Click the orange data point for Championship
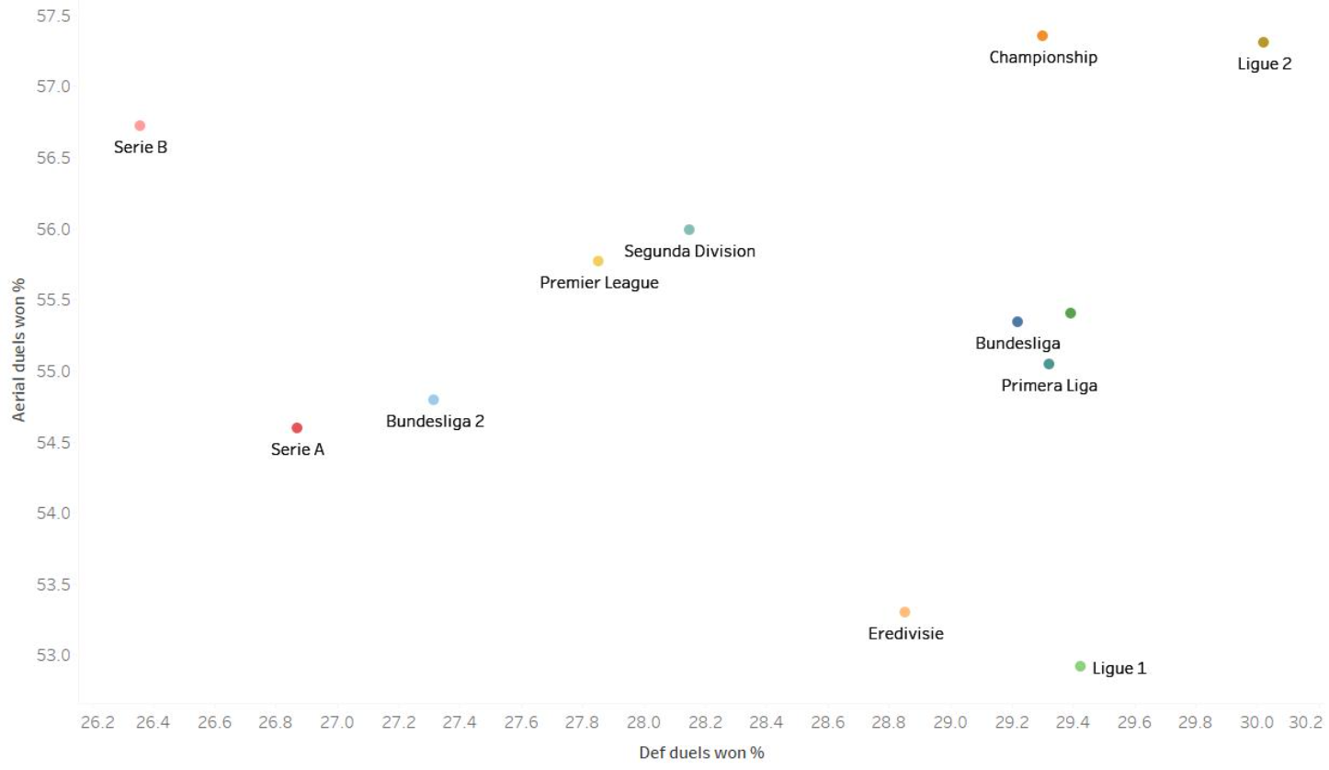(x=1042, y=36)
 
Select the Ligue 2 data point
(x=1263, y=42)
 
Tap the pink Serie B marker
(x=140, y=126)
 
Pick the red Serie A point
(x=297, y=428)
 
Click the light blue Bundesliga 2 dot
(x=434, y=400)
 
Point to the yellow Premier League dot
(x=598, y=261)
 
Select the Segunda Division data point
(x=689, y=230)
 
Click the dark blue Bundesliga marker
(x=1017, y=322)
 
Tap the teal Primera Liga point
(x=1049, y=364)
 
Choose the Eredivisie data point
(x=904, y=612)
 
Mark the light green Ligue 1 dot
(x=1080, y=666)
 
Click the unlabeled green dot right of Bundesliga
(x=1070, y=313)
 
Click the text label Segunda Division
(x=689, y=251)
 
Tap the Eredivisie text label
(x=905, y=633)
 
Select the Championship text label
(x=1043, y=57)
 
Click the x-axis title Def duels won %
(x=701, y=753)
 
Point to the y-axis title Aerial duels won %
(x=18, y=349)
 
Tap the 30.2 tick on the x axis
(x=1305, y=723)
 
